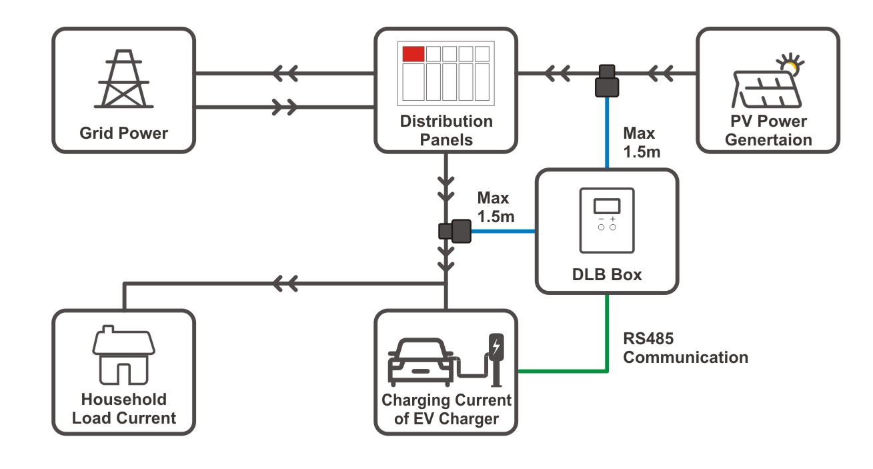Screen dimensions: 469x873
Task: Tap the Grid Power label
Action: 124,133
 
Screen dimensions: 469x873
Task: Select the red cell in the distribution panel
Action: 413,54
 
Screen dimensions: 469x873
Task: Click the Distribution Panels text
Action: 446,131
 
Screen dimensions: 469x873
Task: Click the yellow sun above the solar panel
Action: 791,65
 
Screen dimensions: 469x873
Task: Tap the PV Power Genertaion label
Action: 768,131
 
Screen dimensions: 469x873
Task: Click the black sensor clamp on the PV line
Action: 607,81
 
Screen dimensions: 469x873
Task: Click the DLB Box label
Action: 607,274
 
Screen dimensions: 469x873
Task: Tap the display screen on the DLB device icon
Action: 607,205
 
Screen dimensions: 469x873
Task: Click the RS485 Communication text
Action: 685,348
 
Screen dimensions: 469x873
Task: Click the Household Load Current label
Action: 124,409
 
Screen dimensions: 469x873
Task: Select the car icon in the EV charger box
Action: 418,362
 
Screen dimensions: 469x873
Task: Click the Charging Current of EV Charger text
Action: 446,410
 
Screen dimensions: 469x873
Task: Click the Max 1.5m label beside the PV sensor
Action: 641,143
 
